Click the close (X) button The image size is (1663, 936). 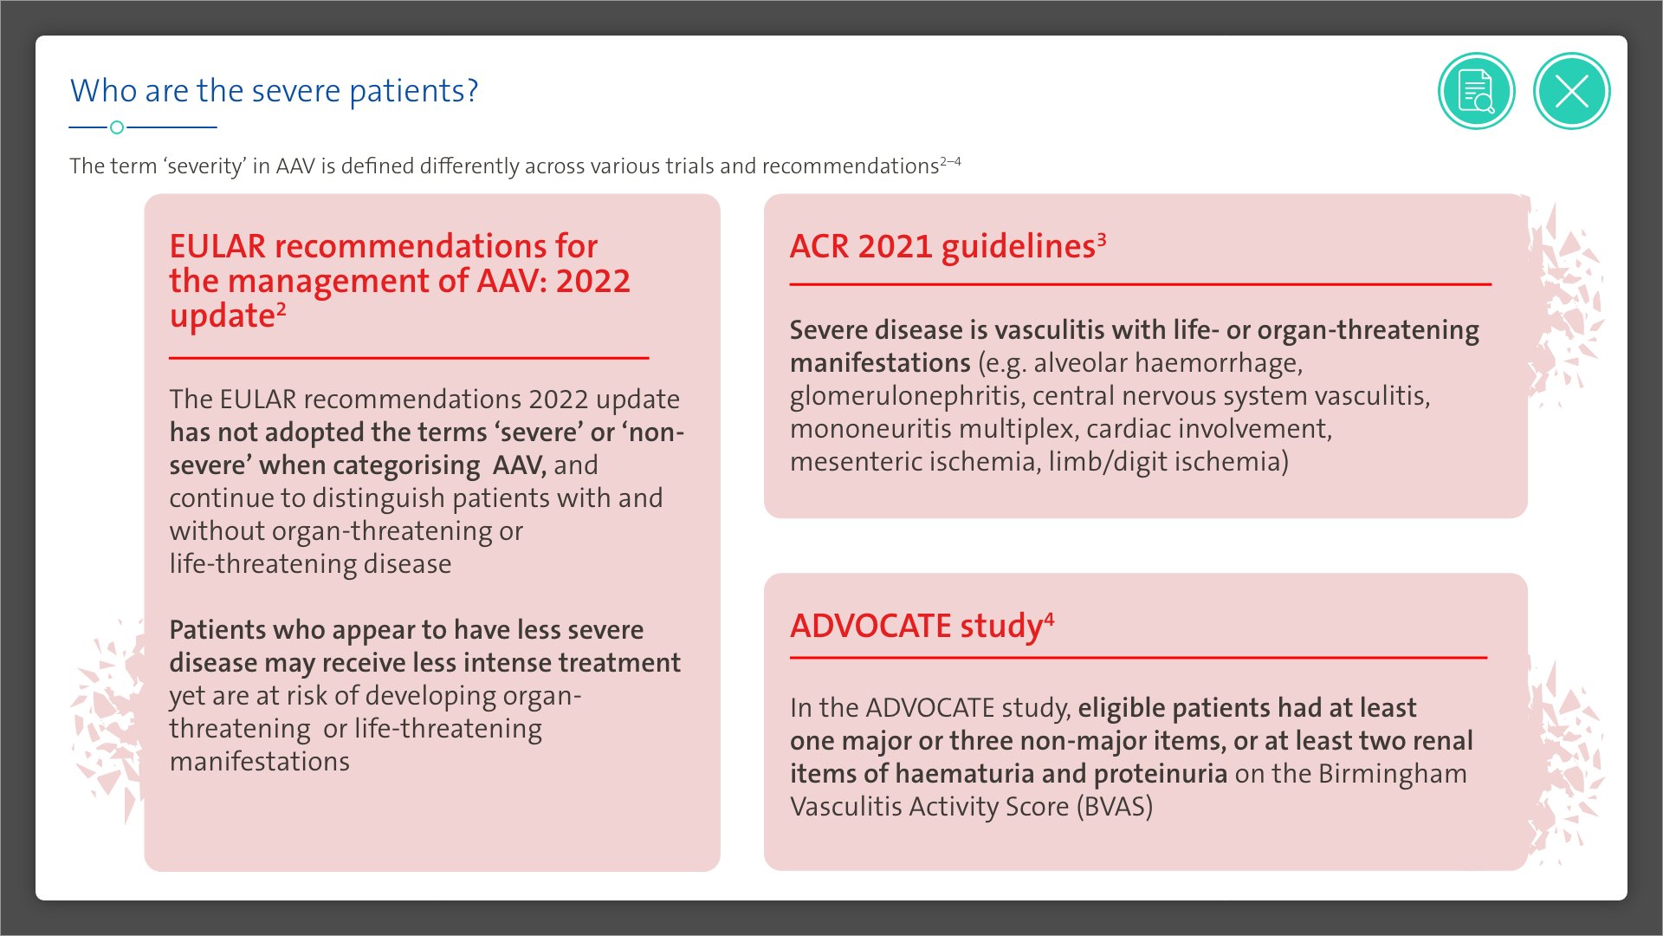click(x=1571, y=91)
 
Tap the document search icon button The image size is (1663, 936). click(x=1476, y=91)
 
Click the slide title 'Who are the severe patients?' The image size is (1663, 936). click(x=274, y=91)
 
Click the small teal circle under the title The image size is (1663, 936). click(x=117, y=127)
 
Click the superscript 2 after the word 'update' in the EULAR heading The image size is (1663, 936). click(x=281, y=309)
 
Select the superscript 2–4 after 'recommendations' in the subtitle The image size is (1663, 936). click(x=950, y=161)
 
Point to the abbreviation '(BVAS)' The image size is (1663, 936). click(x=1115, y=807)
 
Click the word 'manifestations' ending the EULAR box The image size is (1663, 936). click(x=260, y=762)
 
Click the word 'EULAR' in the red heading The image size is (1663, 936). click(x=217, y=247)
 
